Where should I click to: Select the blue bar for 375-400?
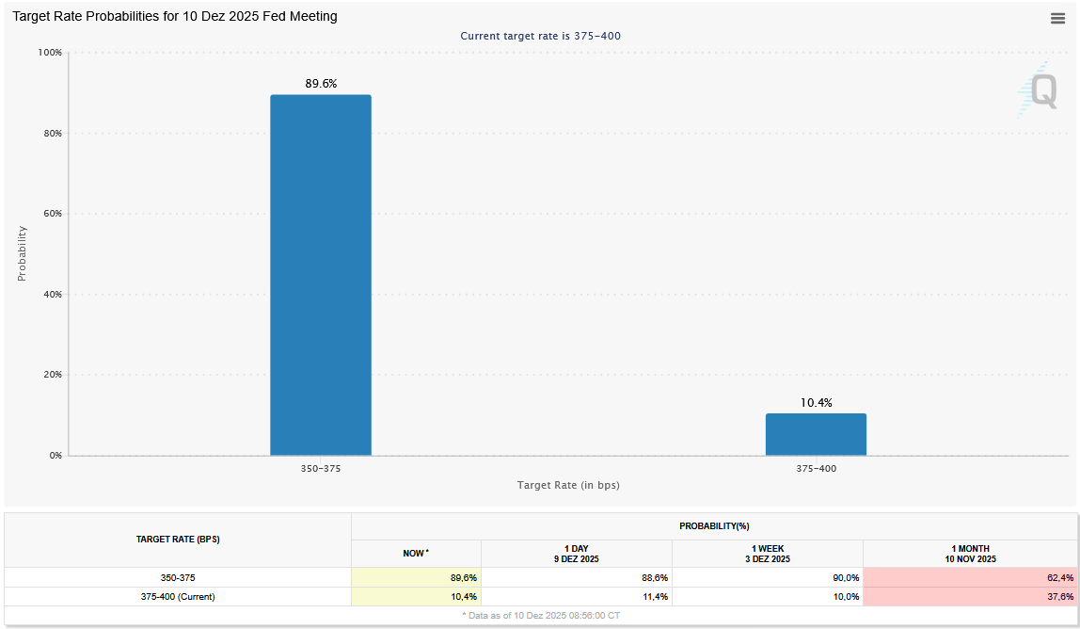pos(816,434)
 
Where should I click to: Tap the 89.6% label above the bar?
pos(321,84)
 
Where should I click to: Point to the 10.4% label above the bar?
pos(816,403)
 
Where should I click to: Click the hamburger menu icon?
pos(1057,18)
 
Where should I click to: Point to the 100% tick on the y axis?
pos(49,53)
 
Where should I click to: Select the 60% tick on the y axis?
pos(52,214)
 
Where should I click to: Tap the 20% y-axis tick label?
pos(52,375)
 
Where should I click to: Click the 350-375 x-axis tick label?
pos(321,468)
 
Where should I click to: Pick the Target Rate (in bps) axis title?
pos(568,485)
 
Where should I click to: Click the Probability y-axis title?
pos(22,253)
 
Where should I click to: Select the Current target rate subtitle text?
pos(540,36)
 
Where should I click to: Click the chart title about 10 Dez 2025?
pos(175,16)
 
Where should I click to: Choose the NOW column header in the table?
pos(416,554)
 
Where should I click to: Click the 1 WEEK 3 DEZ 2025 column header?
pos(767,554)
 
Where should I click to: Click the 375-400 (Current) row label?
pos(178,597)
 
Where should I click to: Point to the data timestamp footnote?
pos(541,615)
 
